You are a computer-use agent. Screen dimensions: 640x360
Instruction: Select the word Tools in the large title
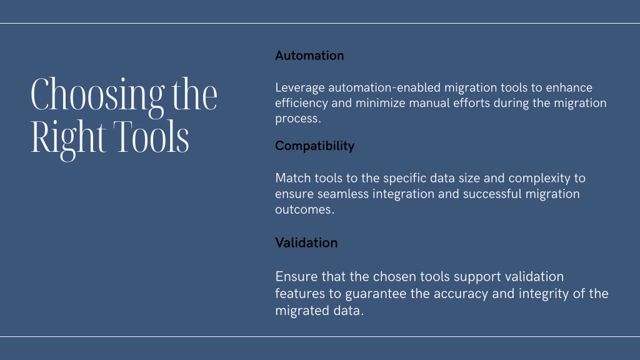pyautogui.click(x=151, y=136)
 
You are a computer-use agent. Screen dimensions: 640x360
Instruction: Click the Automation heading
pyautogui.click(x=309, y=56)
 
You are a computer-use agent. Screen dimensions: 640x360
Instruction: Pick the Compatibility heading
pyautogui.click(x=315, y=146)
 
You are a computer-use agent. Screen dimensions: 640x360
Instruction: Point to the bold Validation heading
pyautogui.click(x=306, y=243)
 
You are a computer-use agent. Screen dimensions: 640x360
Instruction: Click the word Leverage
pyautogui.click(x=300, y=88)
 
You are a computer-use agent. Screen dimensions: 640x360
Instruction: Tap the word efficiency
pyautogui.click(x=301, y=103)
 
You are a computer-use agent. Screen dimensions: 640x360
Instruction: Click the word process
pyautogui.click(x=298, y=119)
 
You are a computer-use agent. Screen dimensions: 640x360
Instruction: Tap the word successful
pyautogui.click(x=492, y=194)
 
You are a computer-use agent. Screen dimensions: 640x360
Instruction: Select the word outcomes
pyautogui.click(x=304, y=209)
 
